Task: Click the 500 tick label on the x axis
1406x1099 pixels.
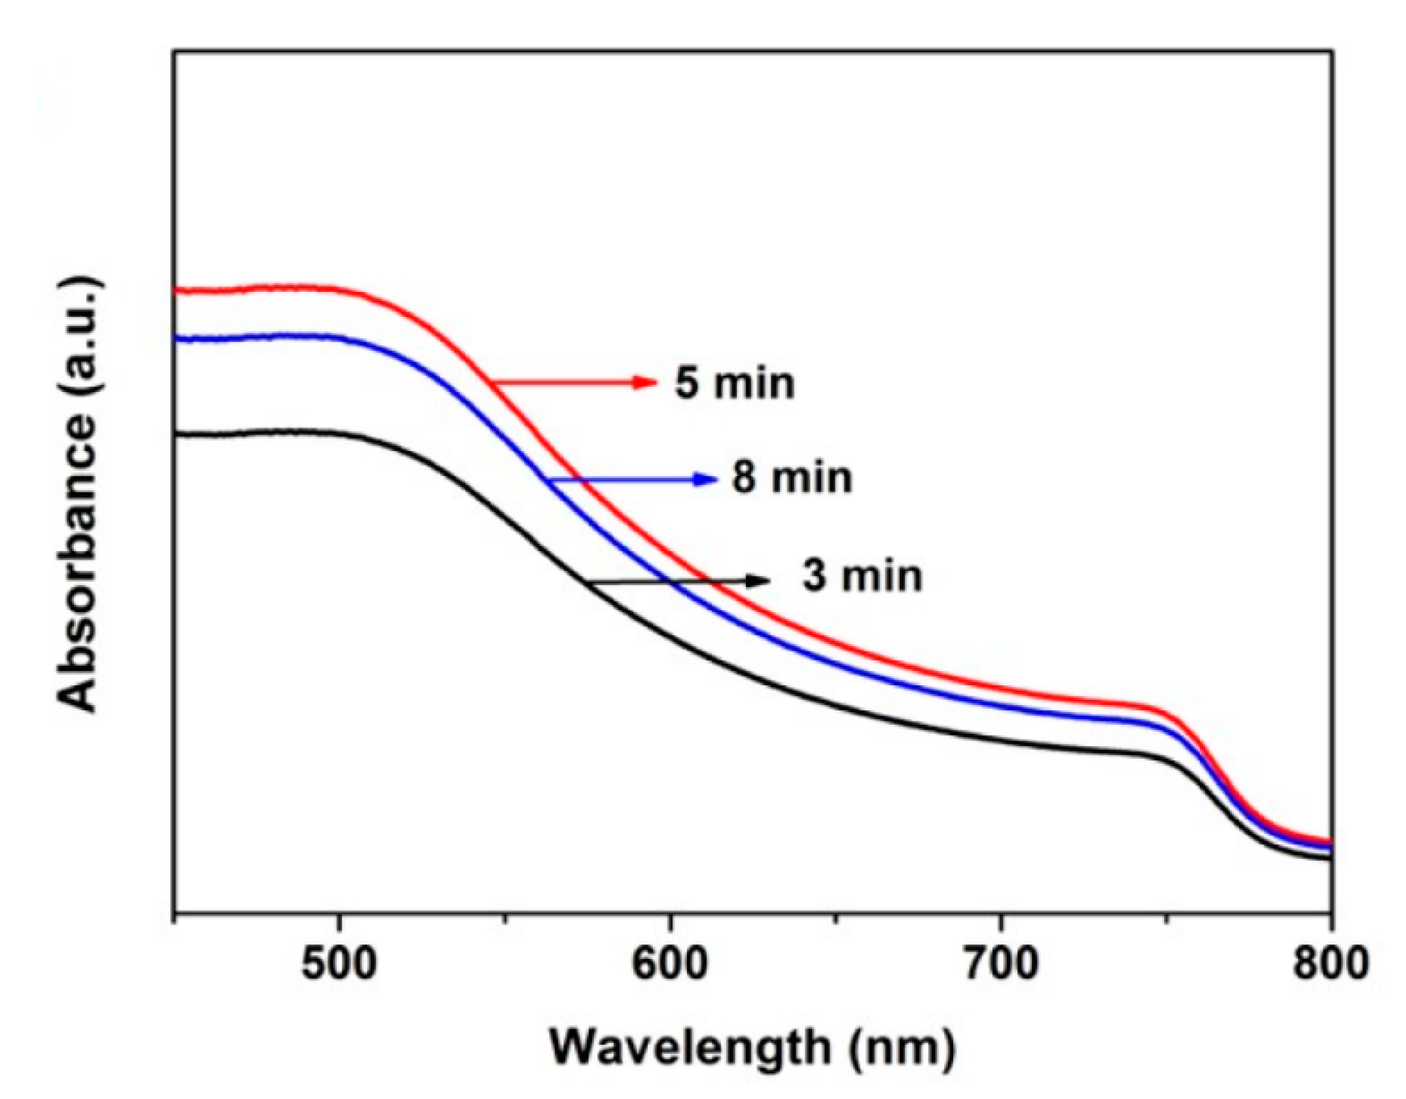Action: coord(338,965)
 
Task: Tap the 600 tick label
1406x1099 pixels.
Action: coord(670,965)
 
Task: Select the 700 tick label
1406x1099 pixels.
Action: coord(1001,965)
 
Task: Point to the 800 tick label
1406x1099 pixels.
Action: coord(1331,965)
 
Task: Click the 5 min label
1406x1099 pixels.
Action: coord(735,383)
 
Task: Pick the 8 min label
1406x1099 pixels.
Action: coord(792,478)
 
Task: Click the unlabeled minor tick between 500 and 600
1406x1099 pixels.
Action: coord(504,920)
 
